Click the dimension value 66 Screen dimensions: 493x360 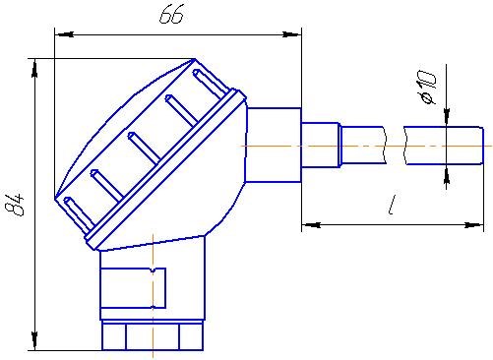tap(171, 15)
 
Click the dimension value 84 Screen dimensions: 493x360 tap(15, 205)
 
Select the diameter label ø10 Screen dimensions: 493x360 tap(426, 88)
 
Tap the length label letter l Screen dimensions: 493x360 tap(392, 205)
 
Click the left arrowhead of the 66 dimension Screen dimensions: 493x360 tap(64, 34)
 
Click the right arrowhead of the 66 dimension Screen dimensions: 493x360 tap(292, 34)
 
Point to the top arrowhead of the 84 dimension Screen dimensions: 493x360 tap(34, 69)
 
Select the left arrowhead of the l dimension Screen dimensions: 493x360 tap(311, 225)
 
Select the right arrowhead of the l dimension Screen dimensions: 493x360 tap(474, 225)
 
